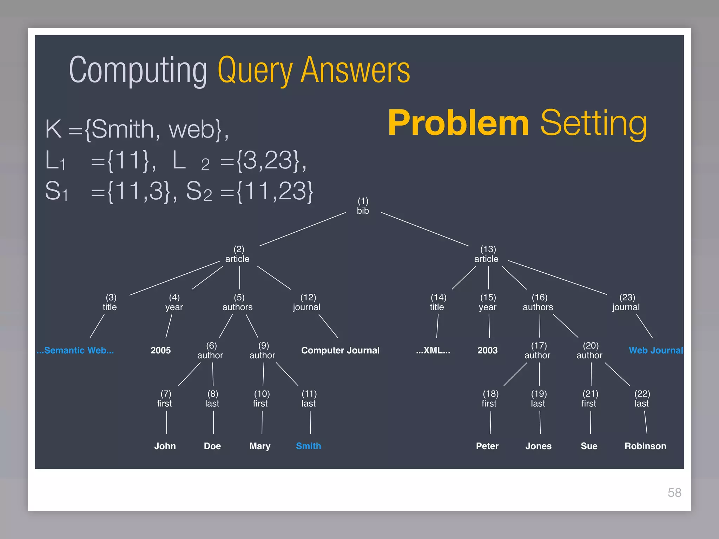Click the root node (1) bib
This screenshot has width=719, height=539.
pyautogui.click(x=363, y=206)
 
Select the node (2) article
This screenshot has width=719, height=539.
pyautogui.click(x=238, y=254)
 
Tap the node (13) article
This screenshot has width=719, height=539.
pyautogui.click(x=487, y=254)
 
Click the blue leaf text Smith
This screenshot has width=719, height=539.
pyautogui.click(x=308, y=446)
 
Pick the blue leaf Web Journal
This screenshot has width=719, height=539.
pyautogui.click(x=655, y=350)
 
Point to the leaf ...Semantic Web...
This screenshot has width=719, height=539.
pyautogui.click(x=75, y=350)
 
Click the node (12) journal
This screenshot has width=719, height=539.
pyautogui.click(x=307, y=302)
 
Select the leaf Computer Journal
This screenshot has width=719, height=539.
pyautogui.click(x=340, y=350)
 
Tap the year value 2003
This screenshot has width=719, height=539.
pyautogui.click(x=487, y=350)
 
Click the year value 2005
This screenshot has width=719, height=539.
pyautogui.click(x=160, y=350)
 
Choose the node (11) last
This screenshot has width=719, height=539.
pyautogui.click(x=309, y=399)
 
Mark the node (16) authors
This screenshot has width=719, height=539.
pyautogui.click(x=538, y=302)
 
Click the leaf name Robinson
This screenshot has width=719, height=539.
pyautogui.click(x=645, y=446)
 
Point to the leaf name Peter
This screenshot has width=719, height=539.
pyautogui.click(x=487, y=446)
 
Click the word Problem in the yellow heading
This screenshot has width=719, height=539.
pyautogui.click(x=458, y=122)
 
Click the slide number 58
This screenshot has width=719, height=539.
pyautogui.click(x=674, y=493)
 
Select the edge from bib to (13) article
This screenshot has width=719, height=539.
pyautogui.click(x=425, y=229)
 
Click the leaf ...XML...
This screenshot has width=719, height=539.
pyautogui.click(x=433, y=350)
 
